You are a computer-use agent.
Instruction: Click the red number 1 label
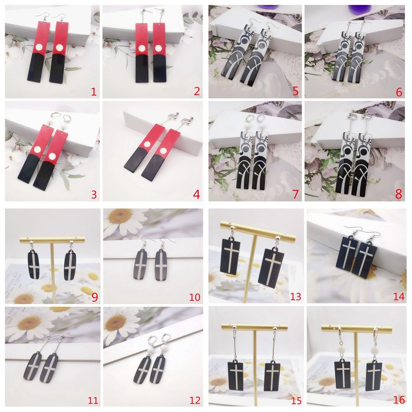tap(94, 92)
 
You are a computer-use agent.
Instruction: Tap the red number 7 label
tap(295, 194)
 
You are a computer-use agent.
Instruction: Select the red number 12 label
tap(194, 400)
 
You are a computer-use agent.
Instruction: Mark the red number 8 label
tap(398, 194)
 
